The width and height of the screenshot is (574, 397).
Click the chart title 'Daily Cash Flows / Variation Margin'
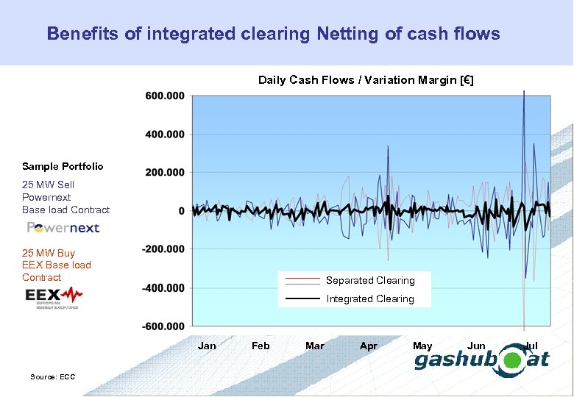click(x=366, y=80)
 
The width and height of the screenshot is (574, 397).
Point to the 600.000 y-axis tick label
click(x=165, y=96)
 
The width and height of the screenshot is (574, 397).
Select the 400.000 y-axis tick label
click(x=165, y=134)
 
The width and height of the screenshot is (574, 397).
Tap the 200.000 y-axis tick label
click(x=165, y=172)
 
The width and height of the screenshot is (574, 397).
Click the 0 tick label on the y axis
click(x=181, y=211)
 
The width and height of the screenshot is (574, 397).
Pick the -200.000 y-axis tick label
click(x=163, y=249)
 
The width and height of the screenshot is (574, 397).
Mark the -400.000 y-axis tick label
click(x=163, y=287)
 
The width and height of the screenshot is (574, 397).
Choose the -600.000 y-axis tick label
click(x=163, y=326)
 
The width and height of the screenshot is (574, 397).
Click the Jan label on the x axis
click(x=207, y=346)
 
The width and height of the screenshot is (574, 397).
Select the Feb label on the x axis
click(x=261, y=346)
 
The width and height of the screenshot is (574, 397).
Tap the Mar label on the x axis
click(x=314, y=346)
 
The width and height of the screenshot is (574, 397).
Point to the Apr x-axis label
click(x=368, y=346)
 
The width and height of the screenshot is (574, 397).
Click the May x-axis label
click(x=422, y=346)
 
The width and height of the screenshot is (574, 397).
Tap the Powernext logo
click(x=63, y=227)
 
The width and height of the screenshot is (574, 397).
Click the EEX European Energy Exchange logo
click(x=54, y=297)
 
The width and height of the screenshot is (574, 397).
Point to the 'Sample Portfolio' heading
click(x=63, y=167)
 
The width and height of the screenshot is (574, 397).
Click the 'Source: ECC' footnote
click(x=52, y=377)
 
